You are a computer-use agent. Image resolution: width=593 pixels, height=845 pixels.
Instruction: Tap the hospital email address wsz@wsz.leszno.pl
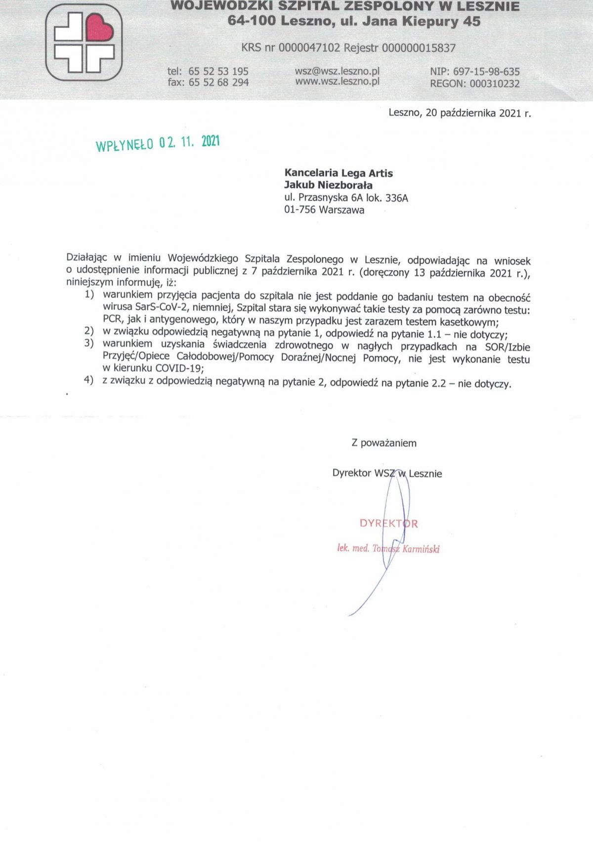[x=337, y=71]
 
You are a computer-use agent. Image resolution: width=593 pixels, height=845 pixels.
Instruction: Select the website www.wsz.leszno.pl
[x=337, y=81]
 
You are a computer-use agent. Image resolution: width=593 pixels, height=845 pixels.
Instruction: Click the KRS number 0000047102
[x=309, y=48]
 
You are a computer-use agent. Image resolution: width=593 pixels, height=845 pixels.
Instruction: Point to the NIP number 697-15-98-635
[x=486, y=72]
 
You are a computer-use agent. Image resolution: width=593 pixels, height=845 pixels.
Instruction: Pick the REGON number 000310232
[x=494, y=83]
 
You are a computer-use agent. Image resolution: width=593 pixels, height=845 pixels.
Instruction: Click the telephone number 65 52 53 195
[x=218, y=71]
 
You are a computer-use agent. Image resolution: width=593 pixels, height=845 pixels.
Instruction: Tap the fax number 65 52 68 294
[x=218, y=82]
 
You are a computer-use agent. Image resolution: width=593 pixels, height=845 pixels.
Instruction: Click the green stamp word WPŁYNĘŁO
[x=124, y=145]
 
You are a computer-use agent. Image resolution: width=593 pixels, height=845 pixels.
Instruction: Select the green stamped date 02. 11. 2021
[x=189, y=142]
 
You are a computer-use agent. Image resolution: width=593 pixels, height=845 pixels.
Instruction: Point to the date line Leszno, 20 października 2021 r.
[x=460, y=113]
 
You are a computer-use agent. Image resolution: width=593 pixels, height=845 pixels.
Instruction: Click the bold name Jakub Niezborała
[x=328, y=185]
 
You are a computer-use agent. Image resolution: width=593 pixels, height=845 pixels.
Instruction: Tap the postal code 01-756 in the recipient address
[x=299, y=210]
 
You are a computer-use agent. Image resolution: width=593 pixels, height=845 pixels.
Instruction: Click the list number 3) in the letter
[x=89, y=343]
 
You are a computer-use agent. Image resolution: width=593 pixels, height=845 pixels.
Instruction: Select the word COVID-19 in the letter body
[x=179, y=368]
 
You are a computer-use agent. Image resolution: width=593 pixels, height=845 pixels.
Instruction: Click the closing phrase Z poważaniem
[x=384, y=443]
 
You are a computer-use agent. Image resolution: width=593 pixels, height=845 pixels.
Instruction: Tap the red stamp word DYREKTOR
[x=388, y=523]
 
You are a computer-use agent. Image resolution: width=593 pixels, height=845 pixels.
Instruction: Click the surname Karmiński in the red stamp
[x=421, y=549]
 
